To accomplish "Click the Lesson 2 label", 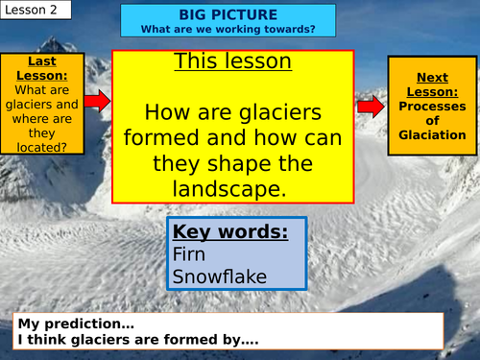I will pos(27,11).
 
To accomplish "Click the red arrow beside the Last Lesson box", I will pos(97,99).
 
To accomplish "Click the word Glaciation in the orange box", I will pos(432,135).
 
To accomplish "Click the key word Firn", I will pos(189,254).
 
